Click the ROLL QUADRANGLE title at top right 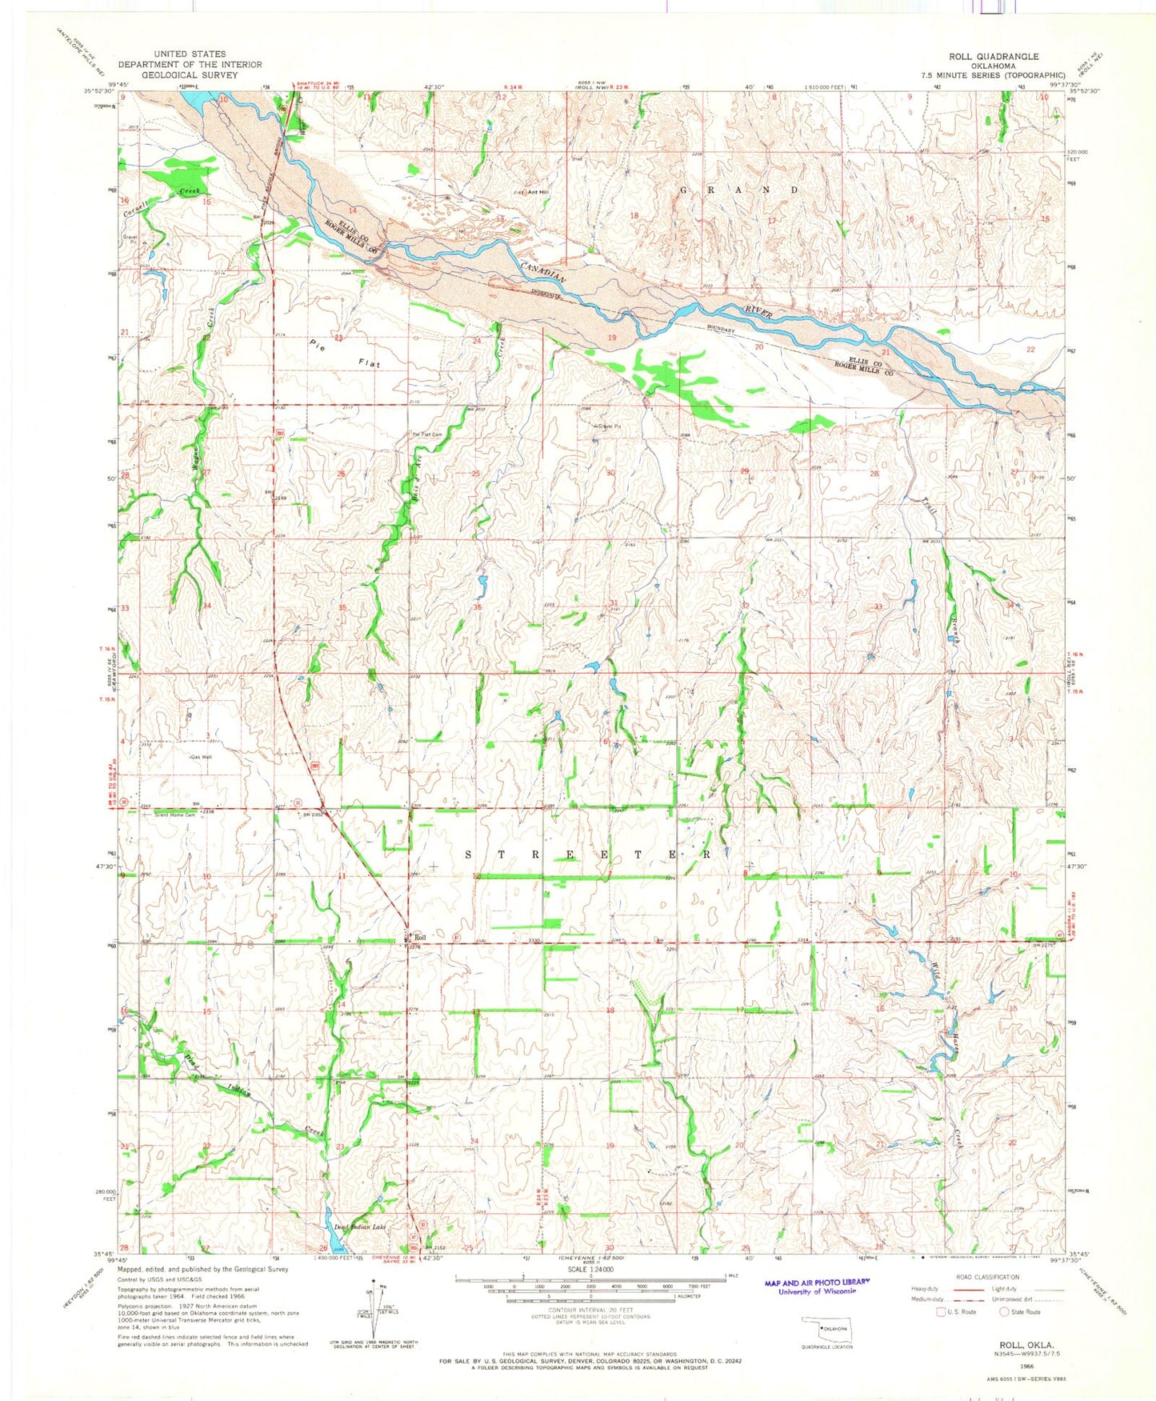(x=994, y=56)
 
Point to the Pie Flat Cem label (x=426, y=434)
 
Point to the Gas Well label (x=201, y=757)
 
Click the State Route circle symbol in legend (x=1005, y=1311)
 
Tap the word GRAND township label (x=738, y=190)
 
